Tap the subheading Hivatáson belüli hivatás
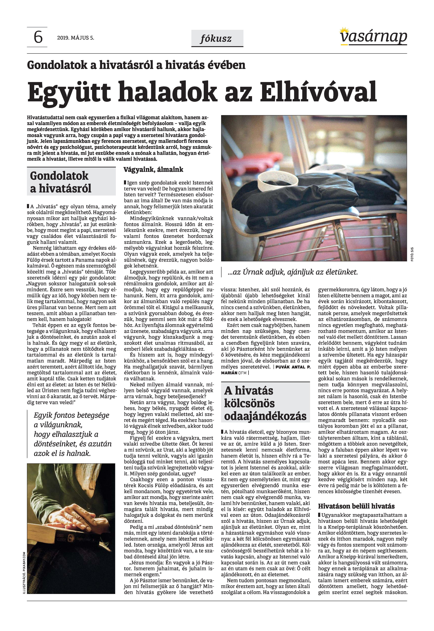356,506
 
